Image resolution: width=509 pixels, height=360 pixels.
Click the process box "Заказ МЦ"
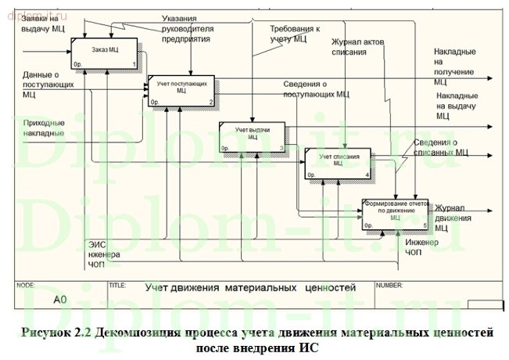tap(105, 52)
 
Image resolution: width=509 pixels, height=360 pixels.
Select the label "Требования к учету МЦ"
tap(289, 32)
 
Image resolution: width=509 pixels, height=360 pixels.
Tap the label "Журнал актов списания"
tap(360, 47)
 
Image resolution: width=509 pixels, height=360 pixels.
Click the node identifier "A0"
tap(60, 299)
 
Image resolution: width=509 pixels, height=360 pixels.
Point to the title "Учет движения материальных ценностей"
tap(250, 288)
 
